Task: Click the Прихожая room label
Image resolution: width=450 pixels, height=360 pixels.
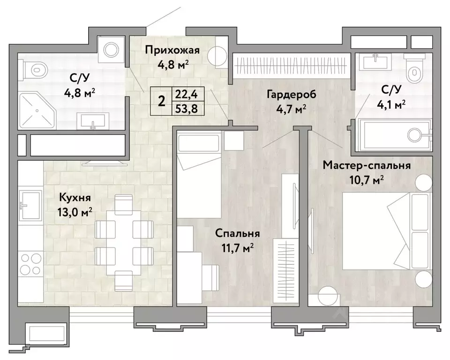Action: coord(172,50)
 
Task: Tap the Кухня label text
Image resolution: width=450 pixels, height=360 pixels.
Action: coord(75,197)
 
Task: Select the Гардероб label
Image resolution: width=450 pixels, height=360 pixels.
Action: coord(291,94)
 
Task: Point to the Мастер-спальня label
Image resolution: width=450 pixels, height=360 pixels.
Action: coord(367,165)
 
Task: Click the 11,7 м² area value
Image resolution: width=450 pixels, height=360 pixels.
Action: coord(237,247)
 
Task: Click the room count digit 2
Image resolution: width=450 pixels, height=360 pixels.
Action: coord(162,101)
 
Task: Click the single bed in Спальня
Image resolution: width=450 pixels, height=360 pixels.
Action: coord(199,174)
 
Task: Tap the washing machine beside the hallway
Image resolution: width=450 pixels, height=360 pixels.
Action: coord(111,50)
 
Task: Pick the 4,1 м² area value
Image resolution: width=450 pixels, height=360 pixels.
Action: coord(391,104)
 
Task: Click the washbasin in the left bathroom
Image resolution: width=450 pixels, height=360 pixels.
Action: coord(93,121)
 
